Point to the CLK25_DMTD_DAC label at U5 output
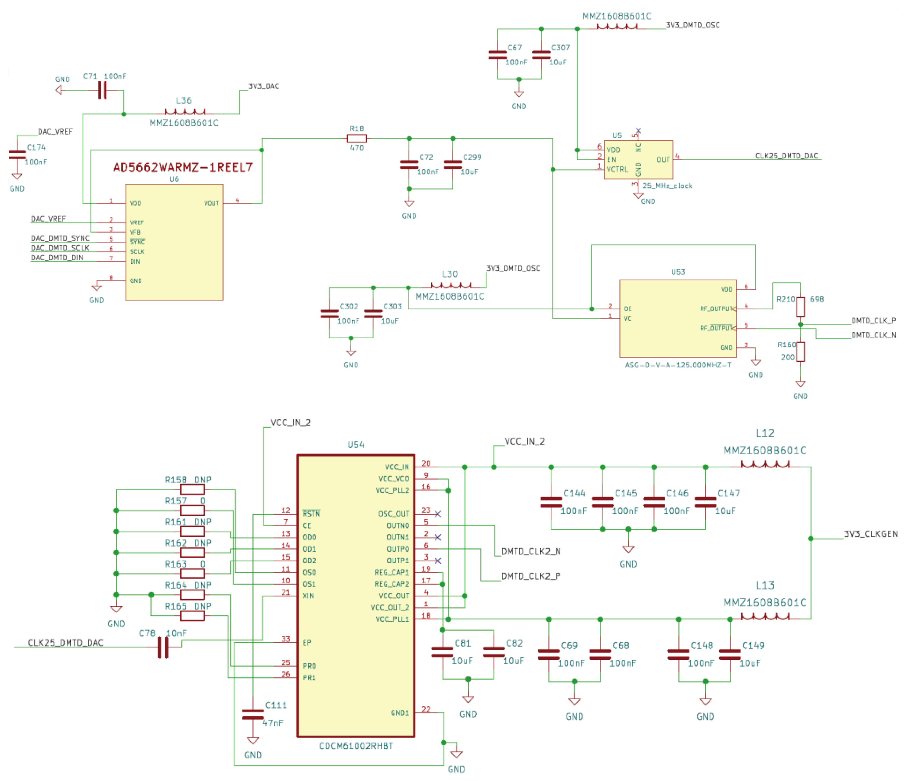(x=786, y=156)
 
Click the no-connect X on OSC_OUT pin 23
(x=437, y=514)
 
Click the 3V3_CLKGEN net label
(x=870, y=534)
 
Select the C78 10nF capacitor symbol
(x=163, y=647)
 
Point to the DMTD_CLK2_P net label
(x=531, y=576)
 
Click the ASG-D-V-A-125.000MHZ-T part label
(x=678, y=365)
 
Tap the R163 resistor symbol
(x=192, y=573)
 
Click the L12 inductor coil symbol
(x=765, y=464)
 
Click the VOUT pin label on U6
(x=211, y=203)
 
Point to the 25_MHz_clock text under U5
(x=667, y=186)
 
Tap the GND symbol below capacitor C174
(x=17, y=176)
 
